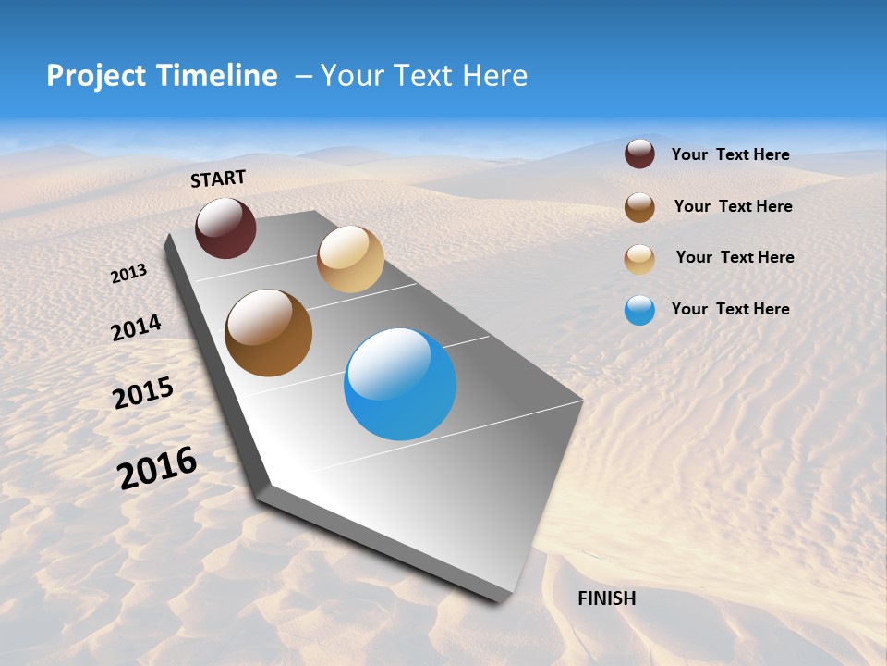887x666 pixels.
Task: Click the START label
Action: click(x=218, y=179)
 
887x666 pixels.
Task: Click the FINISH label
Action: click(x=606, y=598)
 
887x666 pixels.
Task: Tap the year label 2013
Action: click(x=128, y=273)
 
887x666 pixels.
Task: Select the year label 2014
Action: click(x=136, y=328)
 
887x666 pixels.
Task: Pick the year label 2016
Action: click(x=157, y=468)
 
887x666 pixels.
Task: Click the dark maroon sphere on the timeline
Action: click(x=225, y=228)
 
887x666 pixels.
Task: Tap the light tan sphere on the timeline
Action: click(x=350, y=259)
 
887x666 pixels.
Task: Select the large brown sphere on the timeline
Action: click(x=269, y=333)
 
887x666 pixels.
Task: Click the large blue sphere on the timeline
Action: click(x=400, y=384)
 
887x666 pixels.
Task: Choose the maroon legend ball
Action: click(x=639, y=154)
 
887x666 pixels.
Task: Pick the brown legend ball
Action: click(x=639, y=207)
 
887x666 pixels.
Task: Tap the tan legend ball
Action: click(x=639, y=259)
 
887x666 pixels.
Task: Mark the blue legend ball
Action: click(x=639, y=310)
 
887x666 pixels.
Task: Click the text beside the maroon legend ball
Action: click(x=730, y=155)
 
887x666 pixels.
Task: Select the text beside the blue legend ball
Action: click(x=730, y=309)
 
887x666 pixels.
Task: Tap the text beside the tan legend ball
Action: click(x=735, y=257)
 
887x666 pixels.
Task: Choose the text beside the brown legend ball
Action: click(x=733, y=206)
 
